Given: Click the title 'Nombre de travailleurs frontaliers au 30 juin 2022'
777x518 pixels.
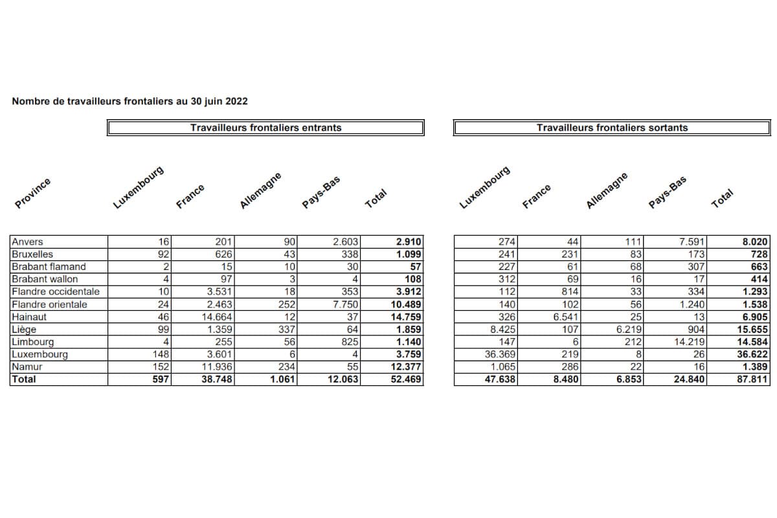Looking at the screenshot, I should click(x=129, y=102).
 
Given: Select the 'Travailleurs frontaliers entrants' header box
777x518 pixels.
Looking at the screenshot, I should click(x=265, y=128).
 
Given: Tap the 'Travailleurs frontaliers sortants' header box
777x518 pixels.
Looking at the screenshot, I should click(x=612, y=128).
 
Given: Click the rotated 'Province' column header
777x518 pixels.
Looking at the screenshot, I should click(x=32, y=192).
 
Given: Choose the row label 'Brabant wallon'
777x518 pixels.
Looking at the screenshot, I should click(x=45, y=279).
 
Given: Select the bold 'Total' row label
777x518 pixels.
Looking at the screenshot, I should click(x=24, y=379).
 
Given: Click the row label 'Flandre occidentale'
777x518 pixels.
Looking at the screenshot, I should click(x=56, y=292).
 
